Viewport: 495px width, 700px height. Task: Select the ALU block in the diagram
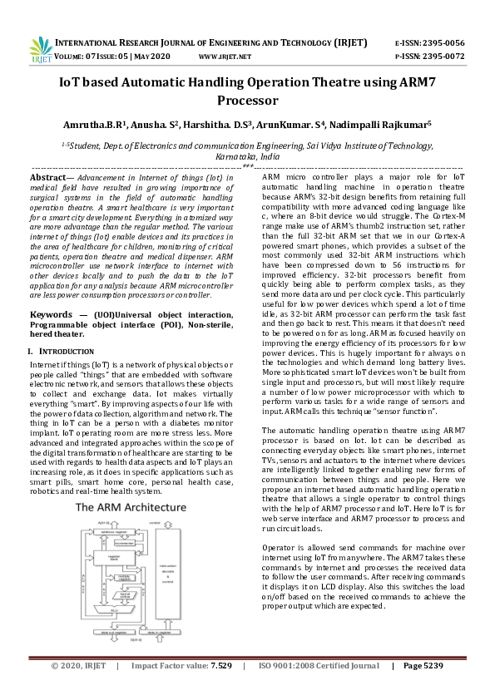[113, 609]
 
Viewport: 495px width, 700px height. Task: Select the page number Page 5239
[423, 689]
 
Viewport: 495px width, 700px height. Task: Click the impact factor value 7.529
[219, 689]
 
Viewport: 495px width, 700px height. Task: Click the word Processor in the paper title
[247, 101]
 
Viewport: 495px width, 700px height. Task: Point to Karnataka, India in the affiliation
[247, 155]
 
